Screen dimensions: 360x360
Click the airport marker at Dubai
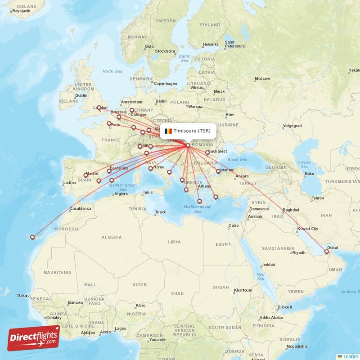tap(327, 252)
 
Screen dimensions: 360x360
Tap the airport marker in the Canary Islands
tap(32, 237)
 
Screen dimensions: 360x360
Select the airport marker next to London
tap(99, 108)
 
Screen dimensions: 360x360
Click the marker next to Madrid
tap(85, 175)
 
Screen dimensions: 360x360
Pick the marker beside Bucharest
tap(207, 153)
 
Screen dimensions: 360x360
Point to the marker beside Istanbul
tap(218, 171)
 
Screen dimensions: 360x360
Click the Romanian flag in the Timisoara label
tap(168, 131)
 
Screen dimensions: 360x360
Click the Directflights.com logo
tap(33, 337)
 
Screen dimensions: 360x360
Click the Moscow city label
tap(262, 79)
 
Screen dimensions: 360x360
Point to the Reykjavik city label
tap(21, 10)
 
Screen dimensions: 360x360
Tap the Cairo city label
tap(234, 225)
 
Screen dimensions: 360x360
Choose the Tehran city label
tap(318, 198)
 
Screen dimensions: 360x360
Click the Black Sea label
tap(237, 159)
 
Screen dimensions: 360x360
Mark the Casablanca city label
tap(81, 208)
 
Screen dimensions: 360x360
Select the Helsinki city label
tap(210, 44)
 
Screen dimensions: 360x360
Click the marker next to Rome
tap(150, 169)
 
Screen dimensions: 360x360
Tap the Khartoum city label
tap(243, 290)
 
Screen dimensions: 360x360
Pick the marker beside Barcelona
tap(109, 171)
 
